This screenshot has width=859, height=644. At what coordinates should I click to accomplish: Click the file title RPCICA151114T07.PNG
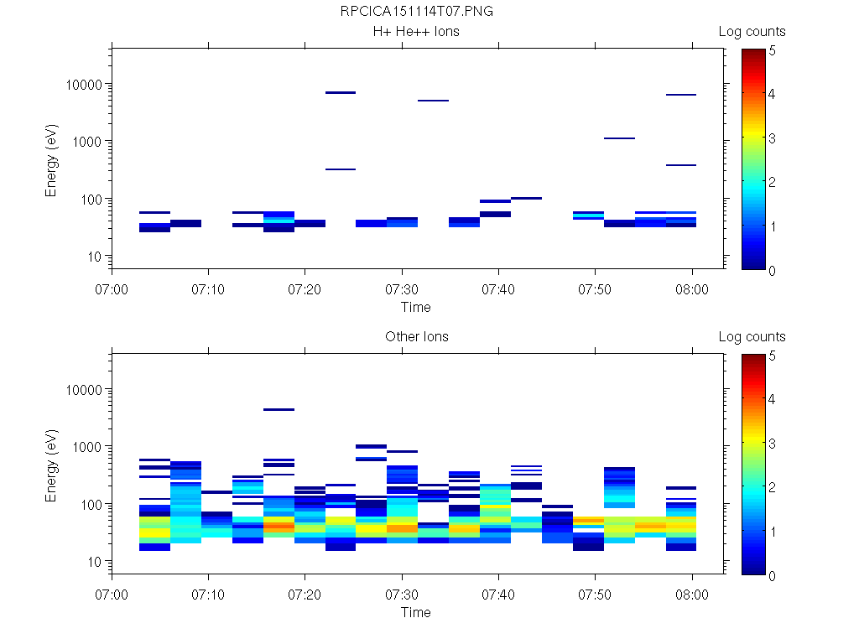click(x=416, y=12)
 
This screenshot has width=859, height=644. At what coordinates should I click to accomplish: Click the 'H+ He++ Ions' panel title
click(x=416, y=32)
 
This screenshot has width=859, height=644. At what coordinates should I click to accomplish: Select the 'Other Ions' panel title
click(x=416, y=337)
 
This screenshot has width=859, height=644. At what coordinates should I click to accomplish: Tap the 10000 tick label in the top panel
click(x=83, y=85)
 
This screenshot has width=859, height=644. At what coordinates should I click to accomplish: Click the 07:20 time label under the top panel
click(x=305, y=289)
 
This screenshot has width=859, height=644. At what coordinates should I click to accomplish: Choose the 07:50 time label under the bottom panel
click(x=595, y=595)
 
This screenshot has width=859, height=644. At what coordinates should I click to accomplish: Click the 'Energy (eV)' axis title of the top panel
click(x=52, y=159)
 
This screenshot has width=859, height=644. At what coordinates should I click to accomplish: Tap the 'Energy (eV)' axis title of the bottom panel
click(x=52, y=465)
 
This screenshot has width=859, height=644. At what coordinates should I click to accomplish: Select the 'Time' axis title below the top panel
click(x=416, y=307)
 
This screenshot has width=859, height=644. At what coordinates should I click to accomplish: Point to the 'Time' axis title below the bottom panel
click(x=416, y=612)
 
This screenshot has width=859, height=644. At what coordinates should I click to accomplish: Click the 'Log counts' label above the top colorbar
click(x=752, y=32)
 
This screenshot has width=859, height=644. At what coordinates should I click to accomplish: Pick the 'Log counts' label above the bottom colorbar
click(x=752, y=337)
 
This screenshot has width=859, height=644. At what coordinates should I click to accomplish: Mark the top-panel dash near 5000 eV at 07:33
click(x=433, y=101)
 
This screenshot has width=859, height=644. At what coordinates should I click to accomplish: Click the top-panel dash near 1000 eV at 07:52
click(x=619, y=138)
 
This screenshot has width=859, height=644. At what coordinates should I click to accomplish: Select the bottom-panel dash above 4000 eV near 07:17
click(x=279, y=410)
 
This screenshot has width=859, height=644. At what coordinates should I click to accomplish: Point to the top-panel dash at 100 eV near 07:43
click(x=526, y=199)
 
